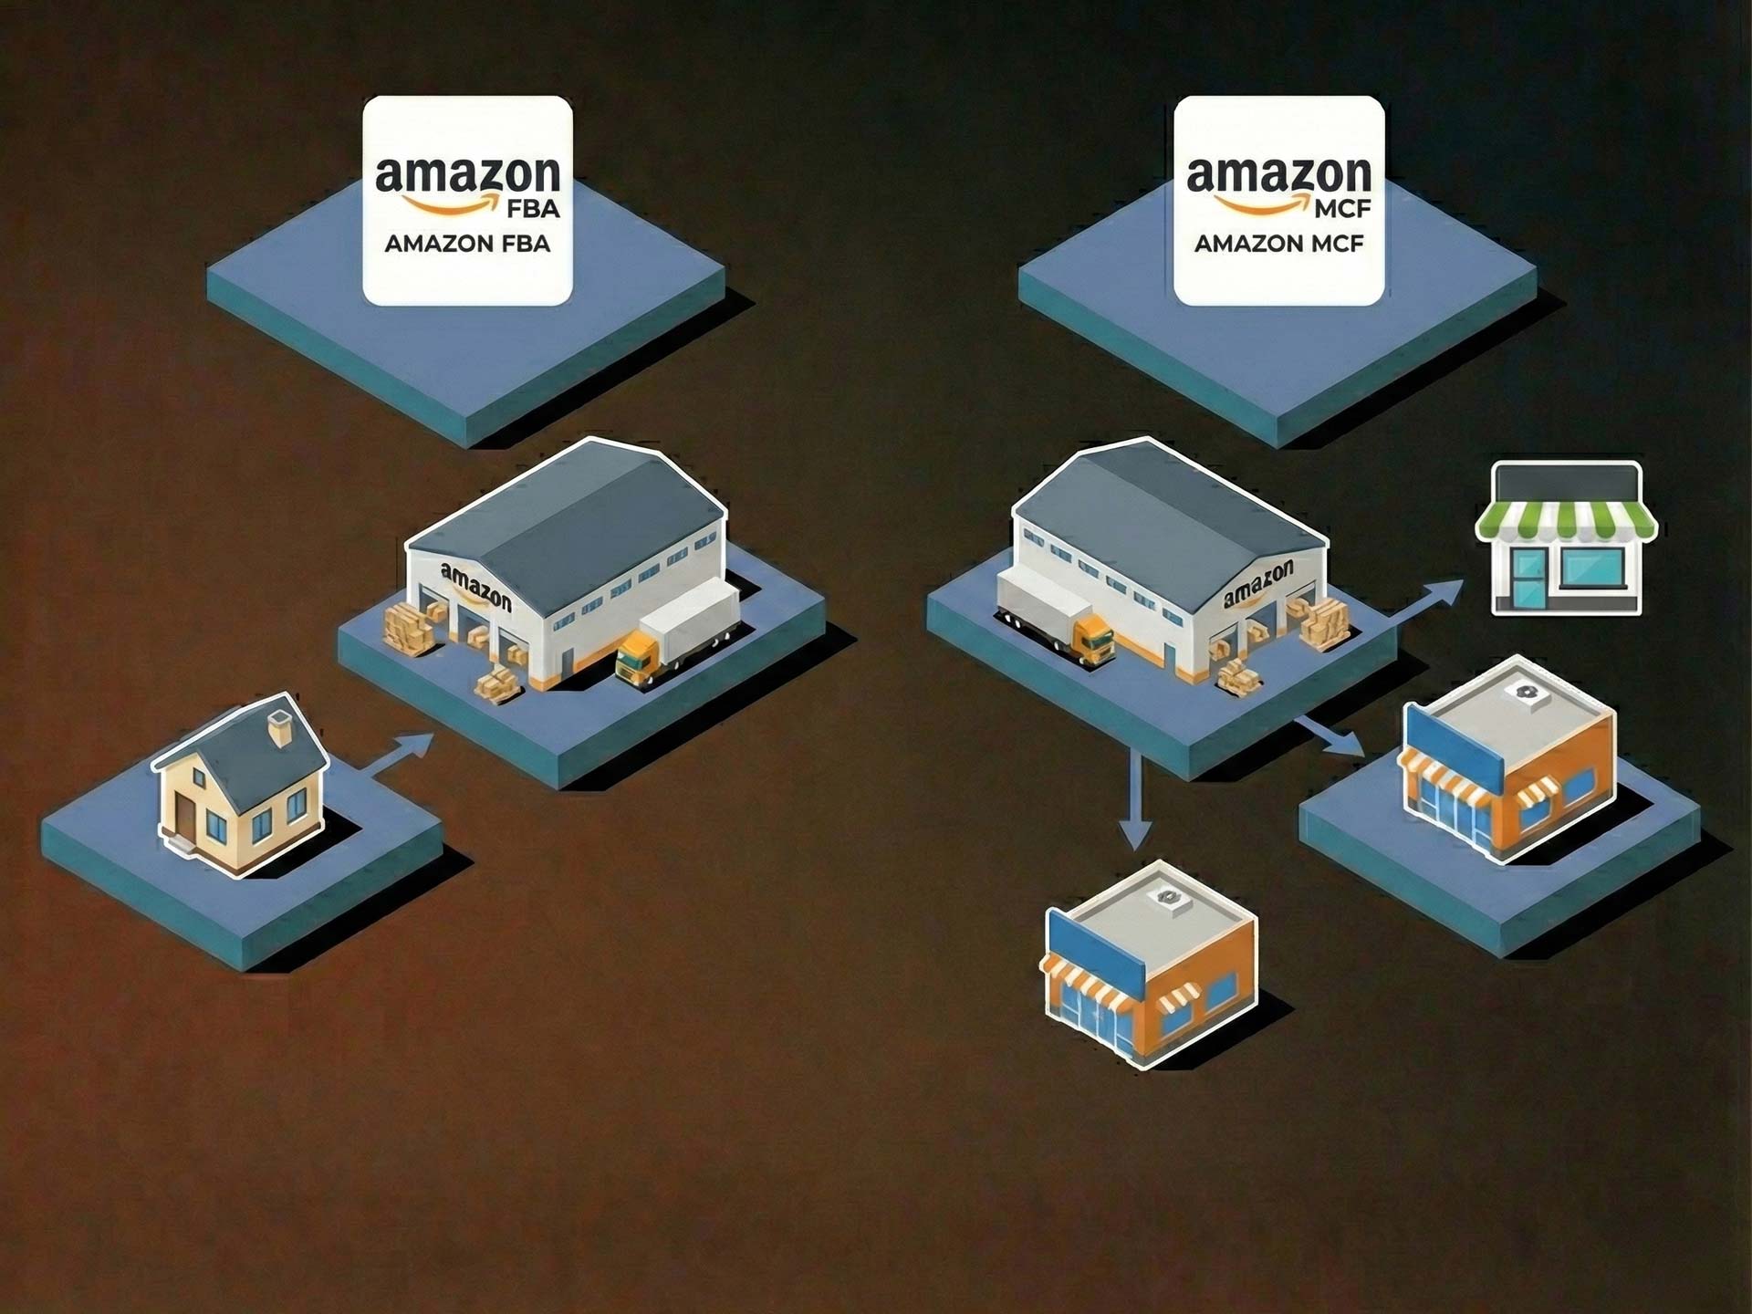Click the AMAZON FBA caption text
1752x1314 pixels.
[x=467, y=244]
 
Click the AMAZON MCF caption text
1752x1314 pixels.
[x=1278, y=244]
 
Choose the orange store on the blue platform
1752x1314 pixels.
[x=1506, y=757]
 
